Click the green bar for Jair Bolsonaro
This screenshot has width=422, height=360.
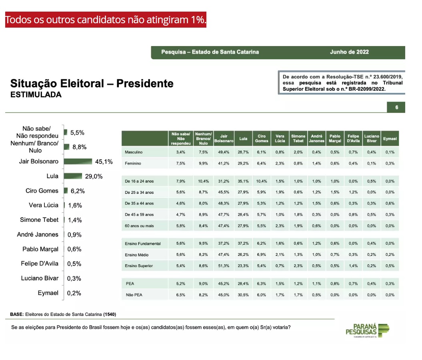pyautogui.click(x=78, y=161)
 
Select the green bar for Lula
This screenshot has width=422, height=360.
pyautogui.click(x=73, y=176)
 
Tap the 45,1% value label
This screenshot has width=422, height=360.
pyautogui.click(x=104, y=162)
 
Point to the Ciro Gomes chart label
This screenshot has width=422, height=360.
pyautogui.click(x=42, y=191)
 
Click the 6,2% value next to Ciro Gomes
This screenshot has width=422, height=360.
pyautogui.click(x=77, y=191)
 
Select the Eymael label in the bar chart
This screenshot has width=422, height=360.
pyautogui.click(x=48, y=293)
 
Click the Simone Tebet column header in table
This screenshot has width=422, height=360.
pyautogui.click(x=298, y=139)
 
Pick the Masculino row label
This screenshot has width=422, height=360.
pyautogui.click(x=134, y=152)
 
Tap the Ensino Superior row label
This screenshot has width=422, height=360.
pyautogui.click(x=139, y=265)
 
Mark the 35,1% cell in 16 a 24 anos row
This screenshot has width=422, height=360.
pyautogui.click(x=243, y=181)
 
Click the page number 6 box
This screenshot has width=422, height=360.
pyautogui.click(x=396, y=107)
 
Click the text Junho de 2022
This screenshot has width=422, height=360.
pyautogui.click(x=349, y=52)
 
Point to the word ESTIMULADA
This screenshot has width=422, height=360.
pyautogui.click(x=36, y=95)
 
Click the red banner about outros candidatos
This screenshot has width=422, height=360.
pyautogui.click(x=106, y=20)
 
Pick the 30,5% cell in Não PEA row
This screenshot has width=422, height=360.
pyautogui.click(x=243, y=295)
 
